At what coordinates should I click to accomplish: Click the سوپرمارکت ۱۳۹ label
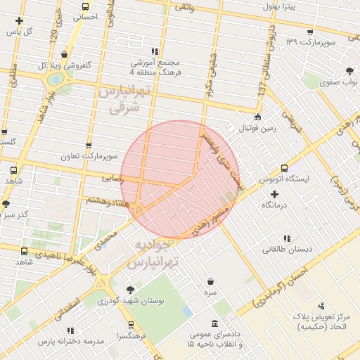point(311,43)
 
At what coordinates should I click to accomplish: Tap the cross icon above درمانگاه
point(275,193)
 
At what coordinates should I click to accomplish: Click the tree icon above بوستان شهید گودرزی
point(131,289)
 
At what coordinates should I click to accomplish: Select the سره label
point(211,291)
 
